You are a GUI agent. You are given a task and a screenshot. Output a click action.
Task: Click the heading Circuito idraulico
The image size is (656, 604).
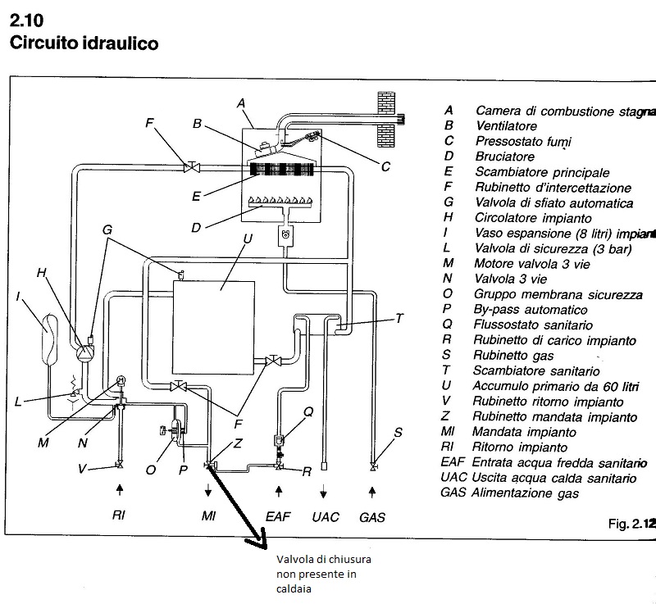83,42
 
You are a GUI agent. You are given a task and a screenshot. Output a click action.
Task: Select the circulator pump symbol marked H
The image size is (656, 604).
84,352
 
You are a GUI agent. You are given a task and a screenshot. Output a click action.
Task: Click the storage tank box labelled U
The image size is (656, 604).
221,325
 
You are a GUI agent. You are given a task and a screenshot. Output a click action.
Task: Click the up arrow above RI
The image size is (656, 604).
120,490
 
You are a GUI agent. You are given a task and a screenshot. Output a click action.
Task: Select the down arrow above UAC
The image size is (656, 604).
324,490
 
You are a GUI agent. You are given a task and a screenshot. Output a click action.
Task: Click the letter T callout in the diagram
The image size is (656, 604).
399,318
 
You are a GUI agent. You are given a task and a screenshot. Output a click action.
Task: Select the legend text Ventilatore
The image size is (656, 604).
506,125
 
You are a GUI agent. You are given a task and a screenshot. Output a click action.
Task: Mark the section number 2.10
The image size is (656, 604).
25,18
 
